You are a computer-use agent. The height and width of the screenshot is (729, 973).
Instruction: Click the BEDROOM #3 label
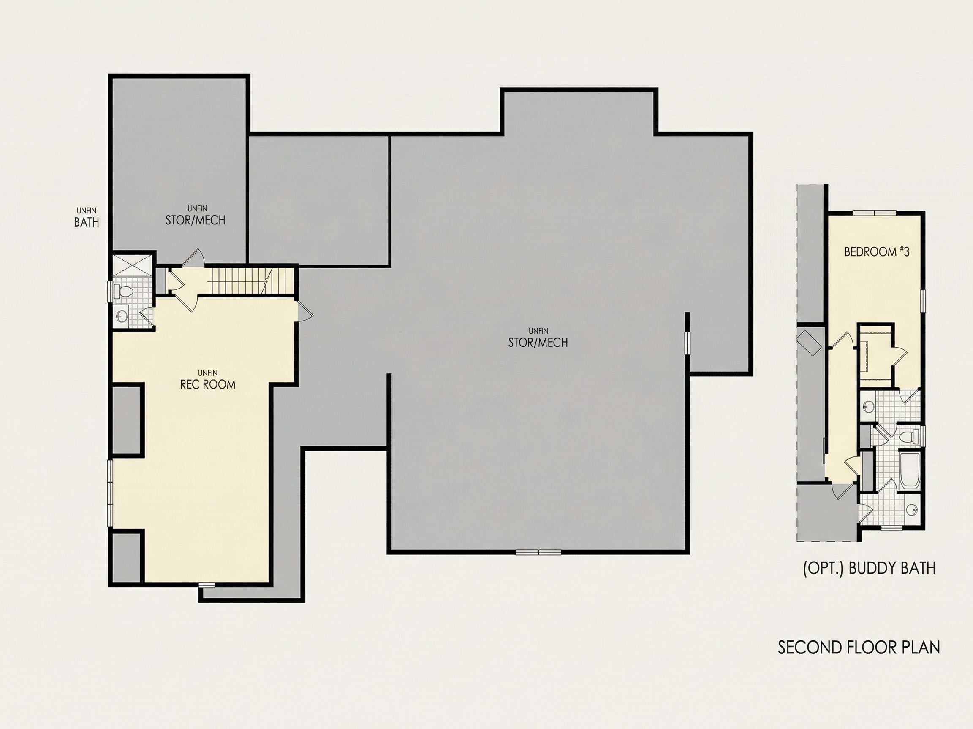point(877,251)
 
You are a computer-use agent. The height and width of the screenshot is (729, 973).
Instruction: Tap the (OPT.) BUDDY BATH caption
point(869,569)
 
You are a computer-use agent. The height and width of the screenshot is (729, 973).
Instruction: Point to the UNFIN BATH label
point(86,218)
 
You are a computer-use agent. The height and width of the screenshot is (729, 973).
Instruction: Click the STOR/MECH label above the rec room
point(195,216)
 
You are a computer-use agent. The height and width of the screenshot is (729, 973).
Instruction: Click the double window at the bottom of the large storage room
point(538,552)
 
